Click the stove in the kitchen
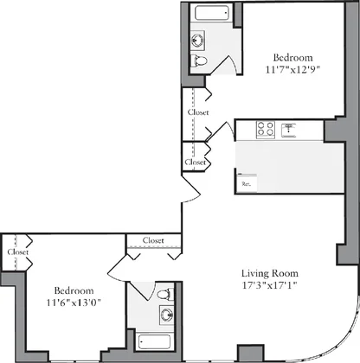266,129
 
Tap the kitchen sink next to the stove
288,130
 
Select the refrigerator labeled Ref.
247,182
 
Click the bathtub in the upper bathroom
212,12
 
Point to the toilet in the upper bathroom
199,60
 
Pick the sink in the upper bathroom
197,41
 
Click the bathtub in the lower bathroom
154,342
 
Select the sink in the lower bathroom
167,315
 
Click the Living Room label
270,273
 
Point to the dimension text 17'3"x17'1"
270,285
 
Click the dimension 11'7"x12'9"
293,70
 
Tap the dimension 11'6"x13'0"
74,302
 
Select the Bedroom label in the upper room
293,58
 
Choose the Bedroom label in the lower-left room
74,290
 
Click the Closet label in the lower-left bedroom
18,252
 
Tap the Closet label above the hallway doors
153,240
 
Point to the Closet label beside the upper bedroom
198,112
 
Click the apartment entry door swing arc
192,200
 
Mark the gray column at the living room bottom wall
251,353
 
